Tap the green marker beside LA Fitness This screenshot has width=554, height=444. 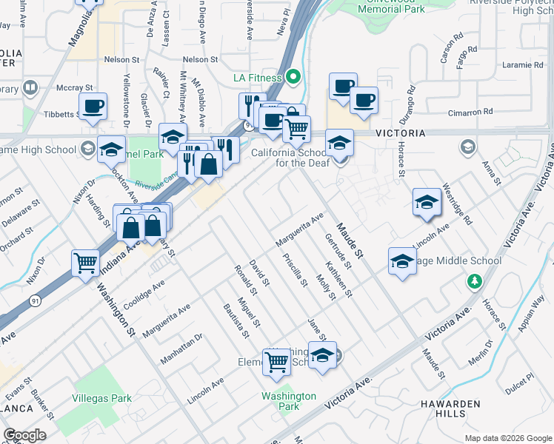tap(294, 76)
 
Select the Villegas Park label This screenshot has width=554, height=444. tap(101, 398)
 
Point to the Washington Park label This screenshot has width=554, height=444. tap(289, 401)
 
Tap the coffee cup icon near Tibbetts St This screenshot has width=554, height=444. tap(93, 107)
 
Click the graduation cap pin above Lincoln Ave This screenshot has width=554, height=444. tap(427, 202)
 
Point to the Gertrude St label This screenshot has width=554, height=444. tap(338, 251)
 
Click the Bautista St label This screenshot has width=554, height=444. tap(236, 320)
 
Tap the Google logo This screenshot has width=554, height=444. tap(24, 435)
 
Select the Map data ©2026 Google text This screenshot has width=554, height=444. tap(507, 438)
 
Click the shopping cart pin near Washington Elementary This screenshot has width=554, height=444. tap(277, 362)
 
